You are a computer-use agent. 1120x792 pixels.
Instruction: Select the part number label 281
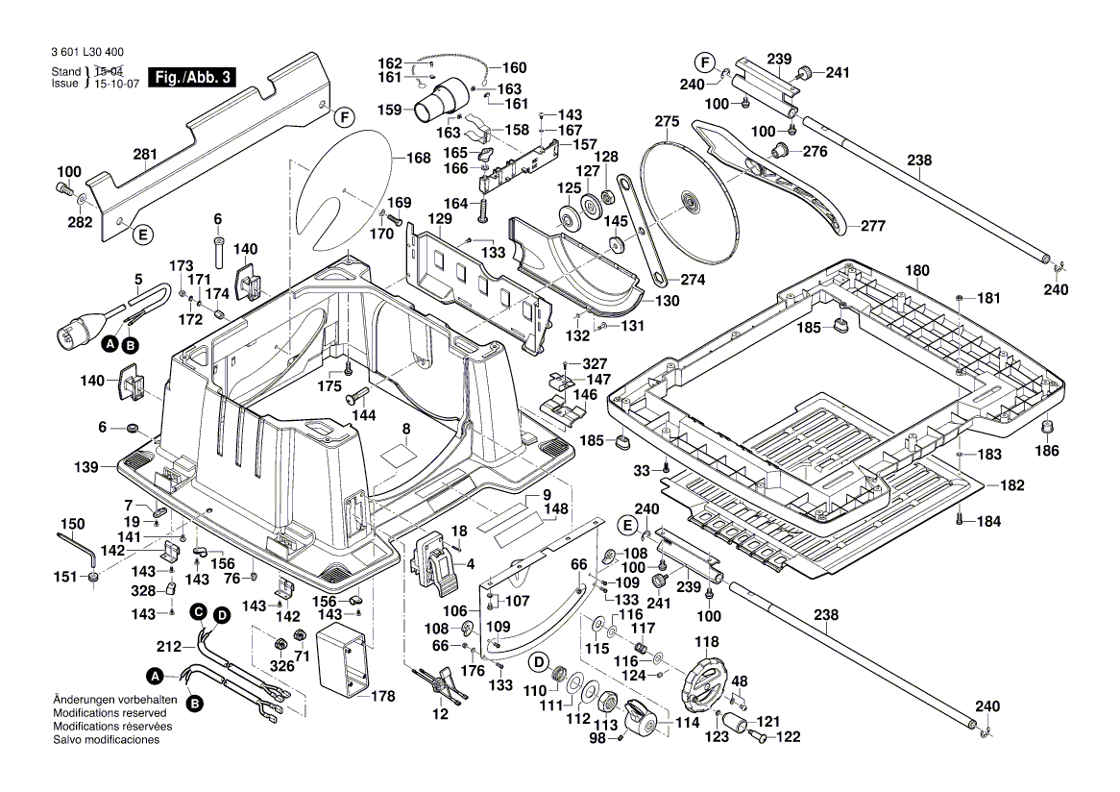[x=144, y=155]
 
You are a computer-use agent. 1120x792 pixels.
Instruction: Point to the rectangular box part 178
[x=342, y=658]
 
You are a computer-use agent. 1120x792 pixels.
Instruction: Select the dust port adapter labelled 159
[x=441, y=102]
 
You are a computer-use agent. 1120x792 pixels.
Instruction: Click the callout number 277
[x=872, y=227]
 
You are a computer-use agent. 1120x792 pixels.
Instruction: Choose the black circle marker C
[x=197, y=611]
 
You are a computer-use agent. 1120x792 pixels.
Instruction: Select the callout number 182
[x=1012, y=486]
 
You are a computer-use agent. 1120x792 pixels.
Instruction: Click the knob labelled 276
[x=780, y=150]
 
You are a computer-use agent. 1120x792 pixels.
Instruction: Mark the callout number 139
[x=86, y=467]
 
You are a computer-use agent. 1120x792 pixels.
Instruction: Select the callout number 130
[x=667, y=301]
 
